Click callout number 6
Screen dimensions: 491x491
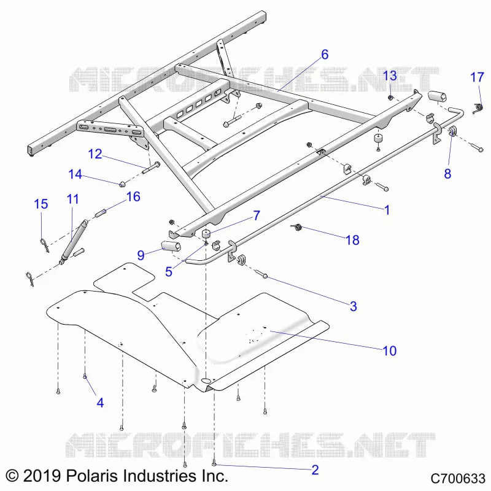[x=325, y=55]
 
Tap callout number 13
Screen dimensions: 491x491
[x=390, y=75]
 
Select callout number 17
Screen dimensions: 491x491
[x=477, y=77]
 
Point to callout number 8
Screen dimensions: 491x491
[x=447, y=174]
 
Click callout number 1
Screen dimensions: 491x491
[x=387, y=210]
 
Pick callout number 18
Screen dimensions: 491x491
[x=352, y=240]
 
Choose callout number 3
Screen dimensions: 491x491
[x=354, y=306]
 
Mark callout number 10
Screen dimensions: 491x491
[x=390, y=350]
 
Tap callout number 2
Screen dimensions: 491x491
[x=315, y=470]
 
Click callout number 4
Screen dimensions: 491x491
[x=100, y=403]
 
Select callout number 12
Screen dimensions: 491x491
[x=95, y=154]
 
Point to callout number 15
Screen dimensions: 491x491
[x=41, y=204]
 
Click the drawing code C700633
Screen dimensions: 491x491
[x=457, y=479]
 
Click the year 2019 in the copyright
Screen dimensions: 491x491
[x=42, y=476]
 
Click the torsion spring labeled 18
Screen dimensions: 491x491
[x=296, y=227]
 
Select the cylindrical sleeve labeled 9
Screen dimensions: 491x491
[x=171, y=246]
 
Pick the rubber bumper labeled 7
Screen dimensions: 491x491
[x=205, y=234]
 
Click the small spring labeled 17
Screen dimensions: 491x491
[x=477, y=108]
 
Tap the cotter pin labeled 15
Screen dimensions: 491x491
[x=44, y=245]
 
